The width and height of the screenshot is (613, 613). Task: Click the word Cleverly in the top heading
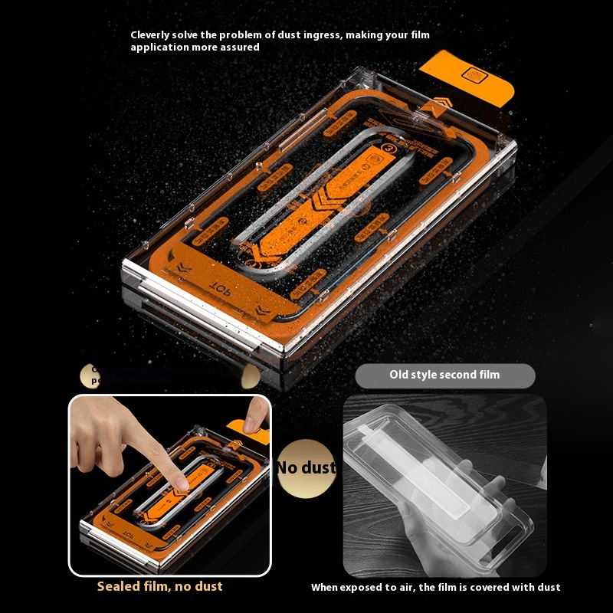pyautogui.click(x=150, y=34)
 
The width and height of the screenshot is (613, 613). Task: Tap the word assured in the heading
pyautogui.click(x=239, y=47)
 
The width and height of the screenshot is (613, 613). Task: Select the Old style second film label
pyautogui.click(x=444, y=375)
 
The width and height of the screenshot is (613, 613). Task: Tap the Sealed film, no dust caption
pyautogui.click(x=159, y=586)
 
